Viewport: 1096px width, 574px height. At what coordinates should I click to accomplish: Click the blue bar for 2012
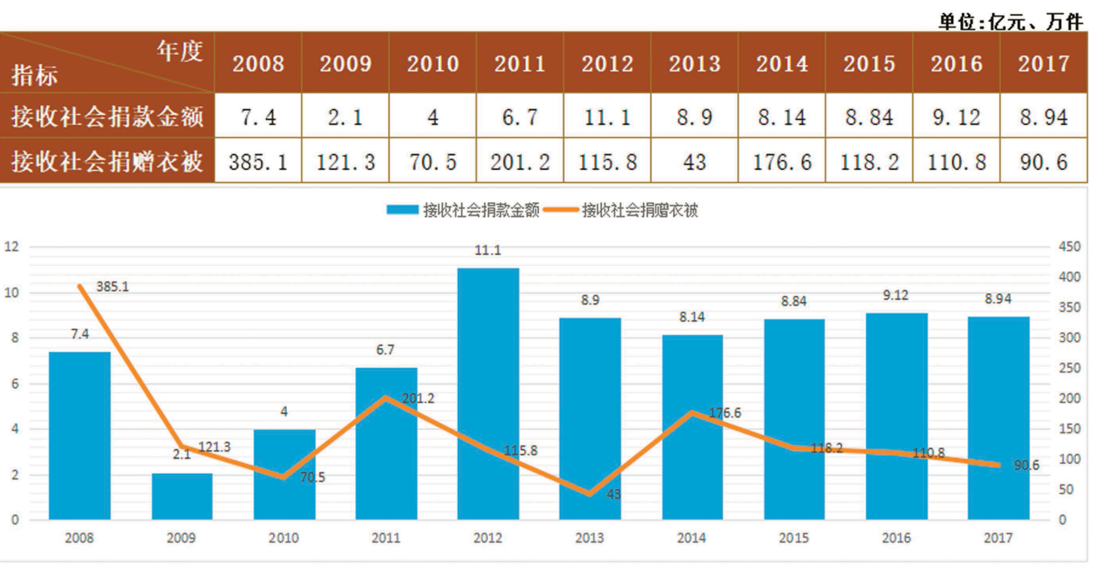pyautogui.click(x=488, y=393)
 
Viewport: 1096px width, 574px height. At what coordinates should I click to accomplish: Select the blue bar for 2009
pyautogui.click(x=182, y=497)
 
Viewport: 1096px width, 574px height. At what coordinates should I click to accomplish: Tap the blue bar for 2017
pyautogui.click(x=998, y=418)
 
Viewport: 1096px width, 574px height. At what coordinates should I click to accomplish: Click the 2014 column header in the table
pyautogui.click(x=782, y=64)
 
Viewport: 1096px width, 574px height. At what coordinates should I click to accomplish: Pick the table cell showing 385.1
pyautogui.click(x=258, y=161)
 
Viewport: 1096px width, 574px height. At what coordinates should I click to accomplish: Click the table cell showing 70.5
pyautogui.click(x=432, y=161)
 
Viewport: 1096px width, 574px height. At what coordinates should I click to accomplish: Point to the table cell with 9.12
pyautogui.click(x=956, y=117)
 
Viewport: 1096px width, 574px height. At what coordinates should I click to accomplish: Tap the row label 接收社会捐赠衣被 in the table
pyautogui.click(x=107, y=161)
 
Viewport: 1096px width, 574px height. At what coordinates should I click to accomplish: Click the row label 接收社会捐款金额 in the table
pyautogui.click(x=107, y=117)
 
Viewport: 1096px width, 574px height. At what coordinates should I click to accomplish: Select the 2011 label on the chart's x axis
pyautogui.click(x=386, y=538)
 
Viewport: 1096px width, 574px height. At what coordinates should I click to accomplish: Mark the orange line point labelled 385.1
pyautogui.click(x=81, y=287)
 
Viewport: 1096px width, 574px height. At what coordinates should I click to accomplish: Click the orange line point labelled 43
pyautogui.click(x=590, y=494)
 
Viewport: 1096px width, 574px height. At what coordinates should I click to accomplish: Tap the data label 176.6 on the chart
pyautogui.click(x=725, y=412)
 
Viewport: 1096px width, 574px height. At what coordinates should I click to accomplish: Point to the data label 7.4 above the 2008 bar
pyautogui.click(x=81, y=334)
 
